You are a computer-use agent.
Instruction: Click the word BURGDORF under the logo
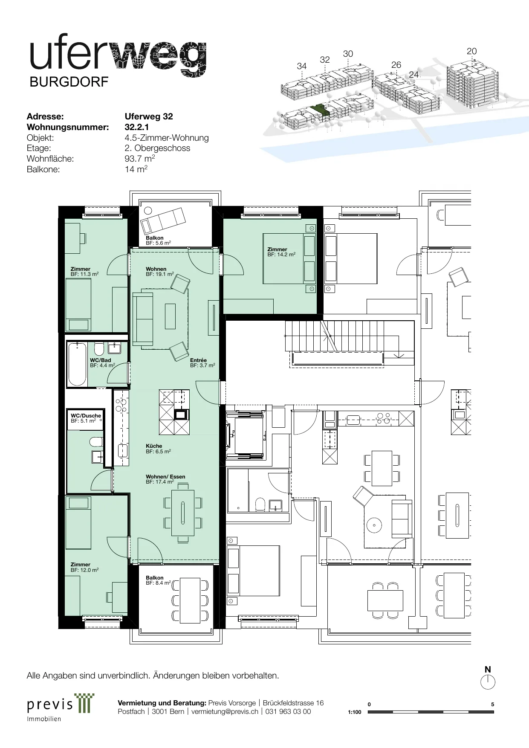pyautogui.click(x=69, y=81)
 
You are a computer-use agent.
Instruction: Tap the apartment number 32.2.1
pyautogui.click(x=136, y=127)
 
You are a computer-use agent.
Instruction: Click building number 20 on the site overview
pyautogui.click(x=471, y=51)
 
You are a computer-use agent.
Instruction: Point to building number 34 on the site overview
pyautogui.click(x=302, y=66)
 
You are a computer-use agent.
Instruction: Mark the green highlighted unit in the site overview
pyautogui.click(x=320, y=109)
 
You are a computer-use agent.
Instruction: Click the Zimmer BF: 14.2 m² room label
pyautogui.click(x=281, y=252)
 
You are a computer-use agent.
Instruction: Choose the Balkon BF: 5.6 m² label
pyautogui.click(x=158, y=241)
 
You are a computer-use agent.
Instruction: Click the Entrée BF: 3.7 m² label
pyautogui.click(x=202, y=363)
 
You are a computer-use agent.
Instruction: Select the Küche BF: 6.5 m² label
pyautogui.click(x=158, y=449)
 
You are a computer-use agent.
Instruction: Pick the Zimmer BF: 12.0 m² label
pyautogui.click(x=85, y=567)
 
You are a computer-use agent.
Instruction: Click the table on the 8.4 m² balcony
pyautogui.click(x=190, y=600)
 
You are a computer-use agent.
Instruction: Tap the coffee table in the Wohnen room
pyautogui.click(x=170, y=316)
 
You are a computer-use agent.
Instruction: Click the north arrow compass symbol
pyautogui.click(x=488, y=682)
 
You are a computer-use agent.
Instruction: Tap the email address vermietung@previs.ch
pyautogui.click(x=225, y=711)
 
